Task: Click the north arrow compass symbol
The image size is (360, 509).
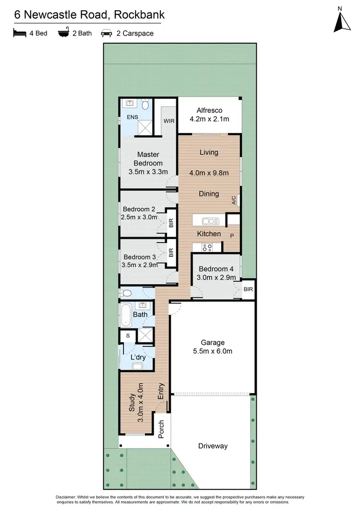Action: [x=340, y=21]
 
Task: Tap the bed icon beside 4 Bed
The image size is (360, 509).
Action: [x=19, y=34]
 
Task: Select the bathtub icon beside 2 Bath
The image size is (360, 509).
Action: [x=63, y=34]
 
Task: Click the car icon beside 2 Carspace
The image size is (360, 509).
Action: [x=106, y=34]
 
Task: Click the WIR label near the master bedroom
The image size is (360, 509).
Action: [x=168, y=121]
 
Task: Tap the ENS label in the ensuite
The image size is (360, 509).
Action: [x=132, y=117]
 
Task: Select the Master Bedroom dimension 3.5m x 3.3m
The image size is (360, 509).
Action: [x=148, y=171]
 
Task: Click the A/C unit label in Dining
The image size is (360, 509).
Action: [x=234, y=200]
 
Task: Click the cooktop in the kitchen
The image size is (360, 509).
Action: [x=207, y=247]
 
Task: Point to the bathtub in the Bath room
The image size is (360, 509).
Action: [x=125, y=315]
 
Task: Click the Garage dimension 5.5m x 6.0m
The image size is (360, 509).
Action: [x=213, y=351]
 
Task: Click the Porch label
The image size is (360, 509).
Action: [x=161, y=429]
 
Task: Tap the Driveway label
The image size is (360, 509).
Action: [x=213, y=446]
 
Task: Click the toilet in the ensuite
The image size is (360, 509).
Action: [x=145, y=105]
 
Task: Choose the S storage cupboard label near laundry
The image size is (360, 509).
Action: [x=128, y=336]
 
